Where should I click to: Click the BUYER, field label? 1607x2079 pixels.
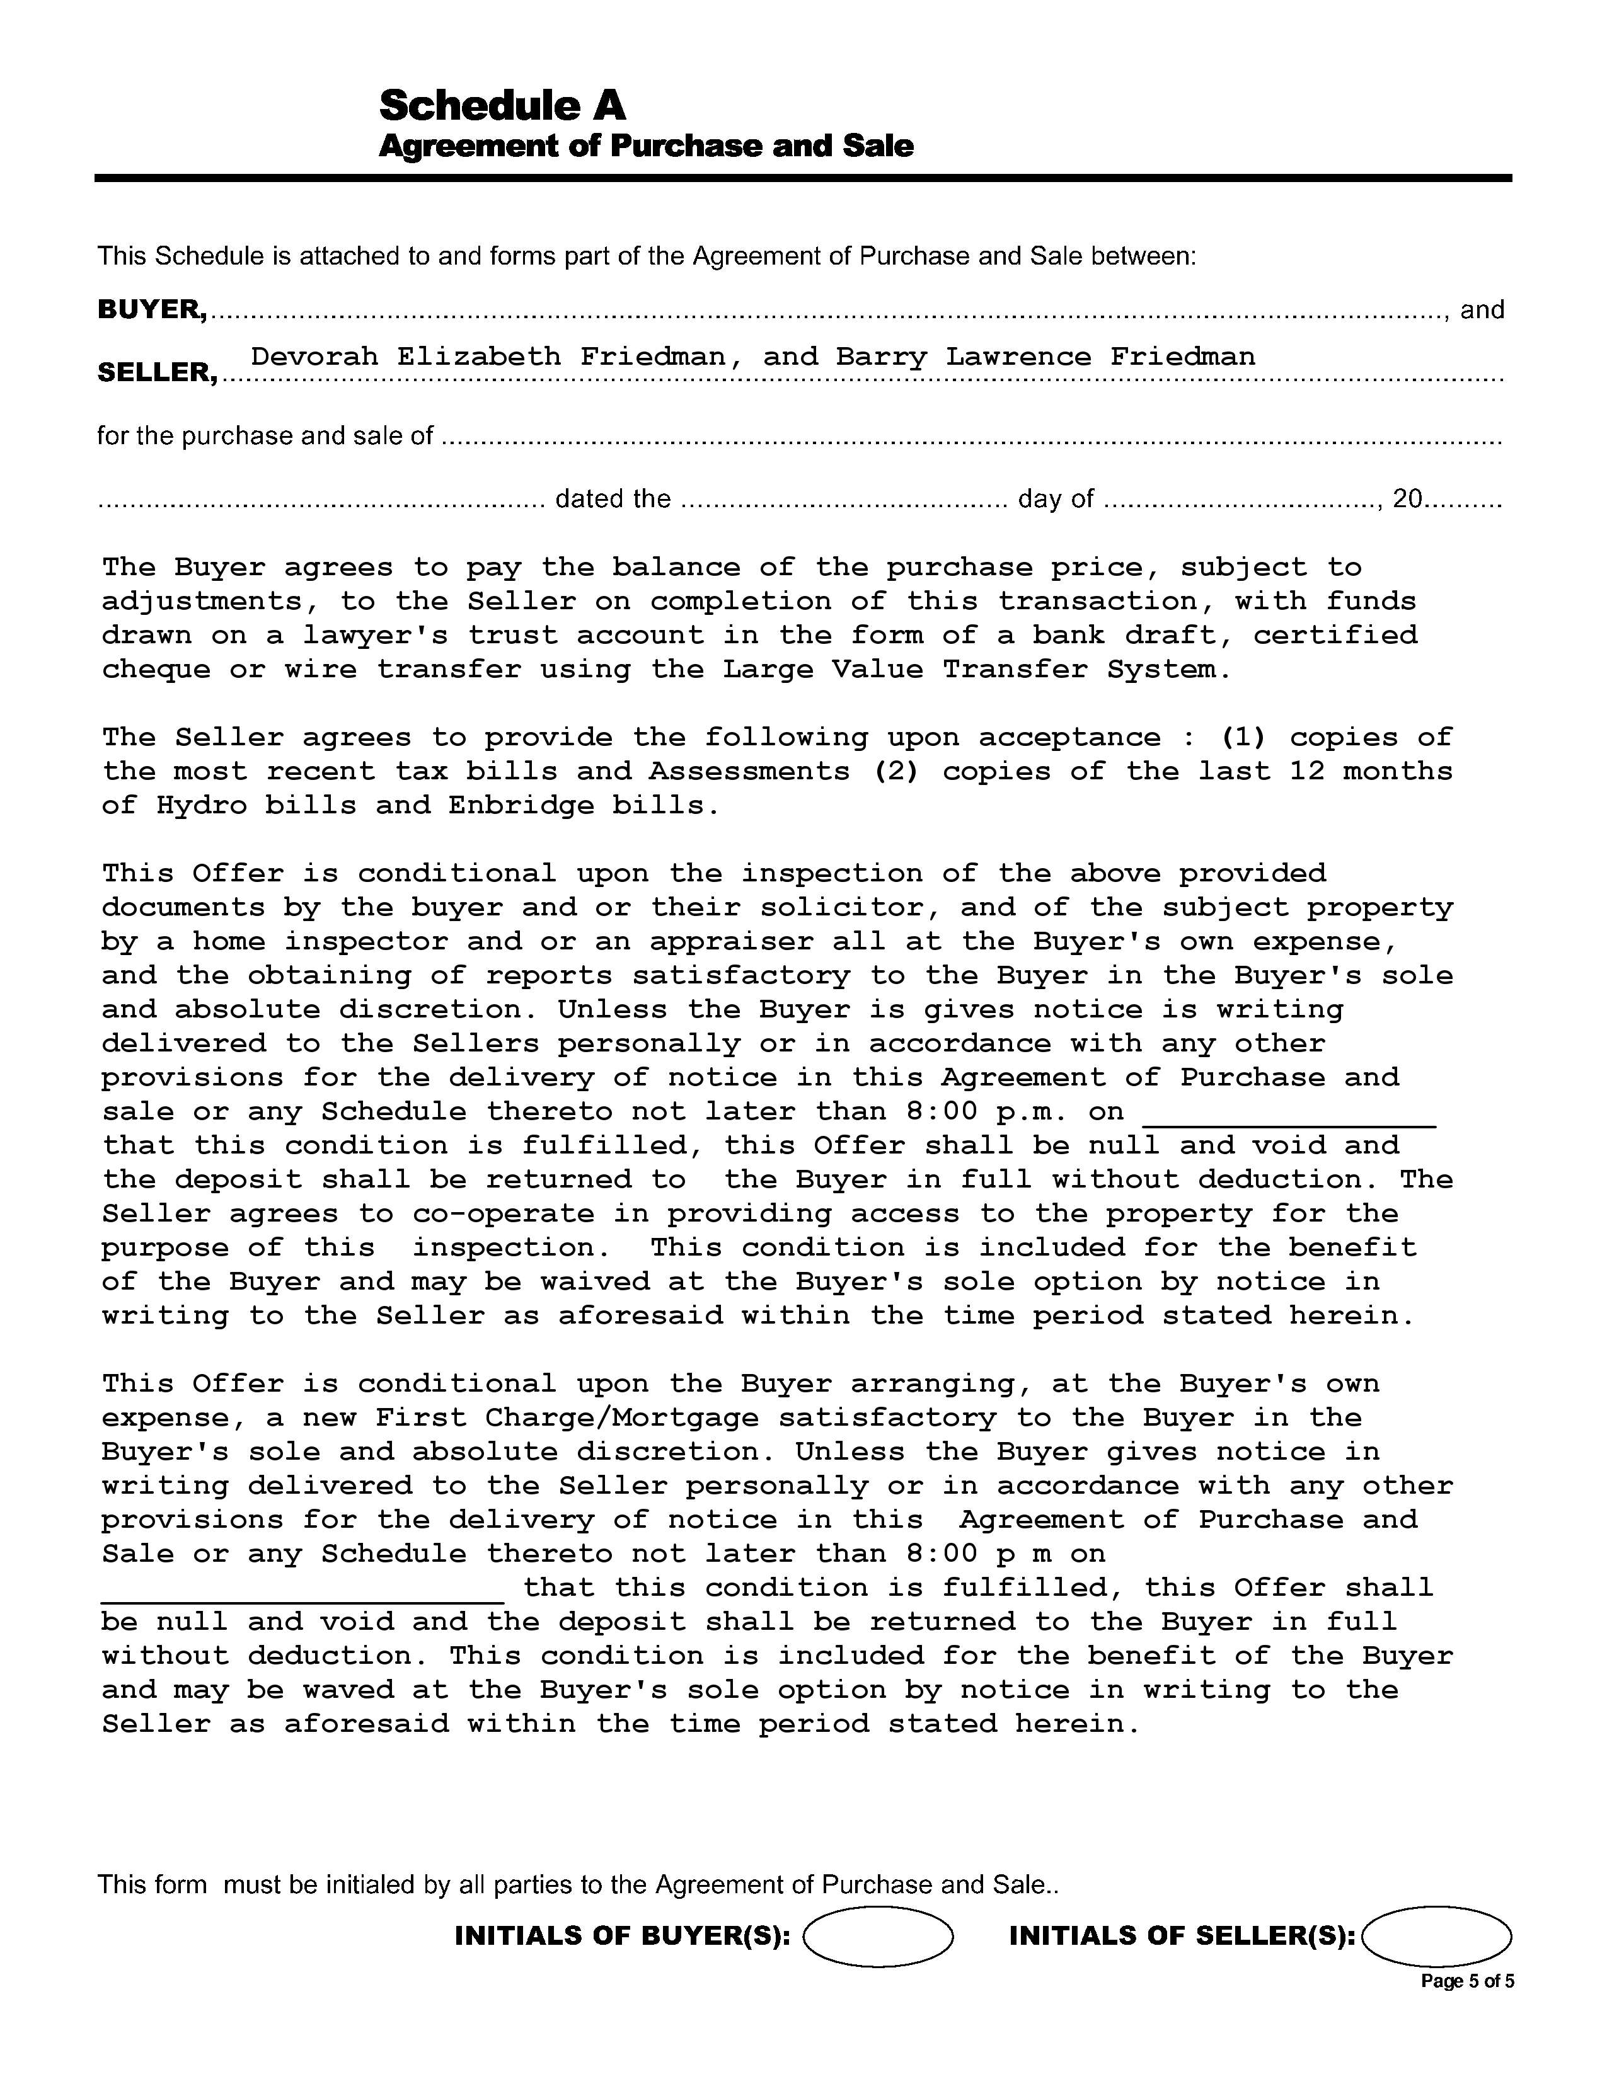(x=153, y=311)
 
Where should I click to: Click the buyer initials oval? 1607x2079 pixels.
(x=878, y=1936)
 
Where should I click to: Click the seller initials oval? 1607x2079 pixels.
(x=1437, y=1936)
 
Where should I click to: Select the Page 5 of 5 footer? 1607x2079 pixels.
(x=1466, y=1982)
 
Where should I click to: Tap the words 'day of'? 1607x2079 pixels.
(x=1055, y=500)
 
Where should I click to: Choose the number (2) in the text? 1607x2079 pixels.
(x=896, y=772)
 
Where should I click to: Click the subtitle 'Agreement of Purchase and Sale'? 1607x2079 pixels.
(x=645, y=147)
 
